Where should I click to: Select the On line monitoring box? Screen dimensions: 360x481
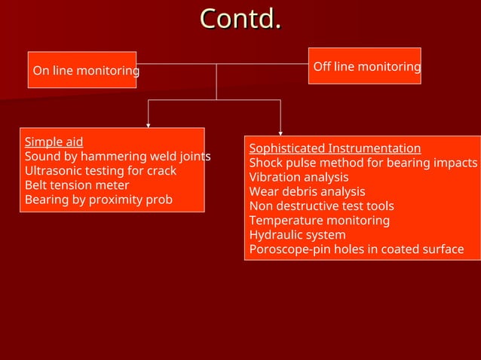point(82,70)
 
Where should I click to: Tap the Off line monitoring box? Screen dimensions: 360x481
point(365,66)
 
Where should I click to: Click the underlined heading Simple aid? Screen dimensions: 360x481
point(54,142)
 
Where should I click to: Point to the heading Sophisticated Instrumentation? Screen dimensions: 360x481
point(335,148)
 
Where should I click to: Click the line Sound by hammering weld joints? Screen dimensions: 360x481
point(117,157)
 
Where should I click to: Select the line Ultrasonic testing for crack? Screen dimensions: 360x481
point(100,171)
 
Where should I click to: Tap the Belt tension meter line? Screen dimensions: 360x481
point(77,185)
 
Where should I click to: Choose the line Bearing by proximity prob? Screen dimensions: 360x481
point(99,200)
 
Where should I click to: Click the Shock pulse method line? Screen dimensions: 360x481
point(363,163)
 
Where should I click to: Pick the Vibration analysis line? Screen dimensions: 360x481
point(299,177)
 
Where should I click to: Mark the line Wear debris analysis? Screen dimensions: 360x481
point(307,191)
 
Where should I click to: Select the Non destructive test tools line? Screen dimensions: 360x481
point(321,206)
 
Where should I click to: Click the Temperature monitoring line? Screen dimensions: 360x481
point(320,220)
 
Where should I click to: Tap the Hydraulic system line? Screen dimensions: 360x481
point(297,235)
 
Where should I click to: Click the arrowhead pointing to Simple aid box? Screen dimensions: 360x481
point(148,124)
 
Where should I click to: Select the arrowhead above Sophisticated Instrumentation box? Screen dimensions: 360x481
point(280,133)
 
